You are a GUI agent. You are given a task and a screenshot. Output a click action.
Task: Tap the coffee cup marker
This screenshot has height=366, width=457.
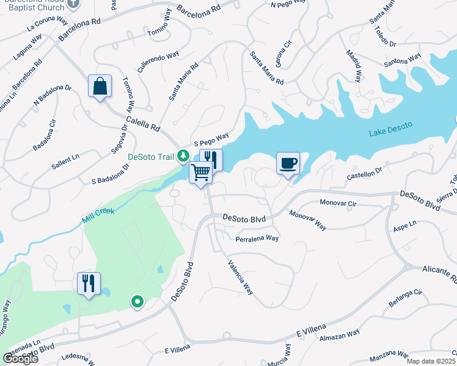point(288,163)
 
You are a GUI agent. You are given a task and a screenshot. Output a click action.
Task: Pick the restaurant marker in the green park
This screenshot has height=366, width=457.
point(88,284)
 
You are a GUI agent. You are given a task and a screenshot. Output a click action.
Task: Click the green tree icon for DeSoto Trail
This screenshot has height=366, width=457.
point(183,157)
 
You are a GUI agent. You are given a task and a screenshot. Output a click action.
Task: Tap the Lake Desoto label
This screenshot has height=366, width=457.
point(390,129)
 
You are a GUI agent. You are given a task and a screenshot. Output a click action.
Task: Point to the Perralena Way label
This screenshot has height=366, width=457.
point(257,239)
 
